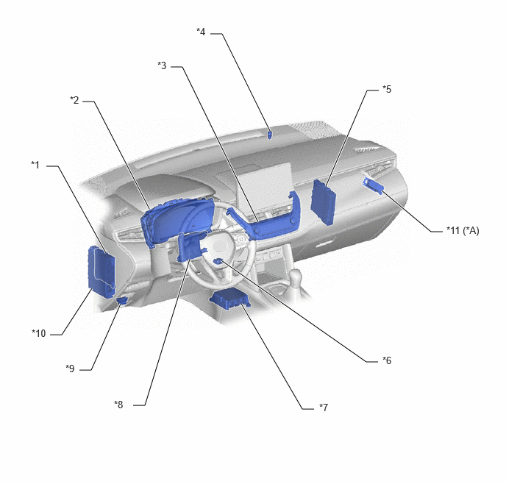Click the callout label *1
point(35,165)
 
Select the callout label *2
point(74,100)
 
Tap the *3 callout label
point(162,65)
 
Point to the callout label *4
point(201,32)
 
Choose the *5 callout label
point(387,89)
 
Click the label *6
point(387,360)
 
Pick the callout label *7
point(324,408)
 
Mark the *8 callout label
point(118,405)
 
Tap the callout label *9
point(70,369)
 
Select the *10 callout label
point(39,333)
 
